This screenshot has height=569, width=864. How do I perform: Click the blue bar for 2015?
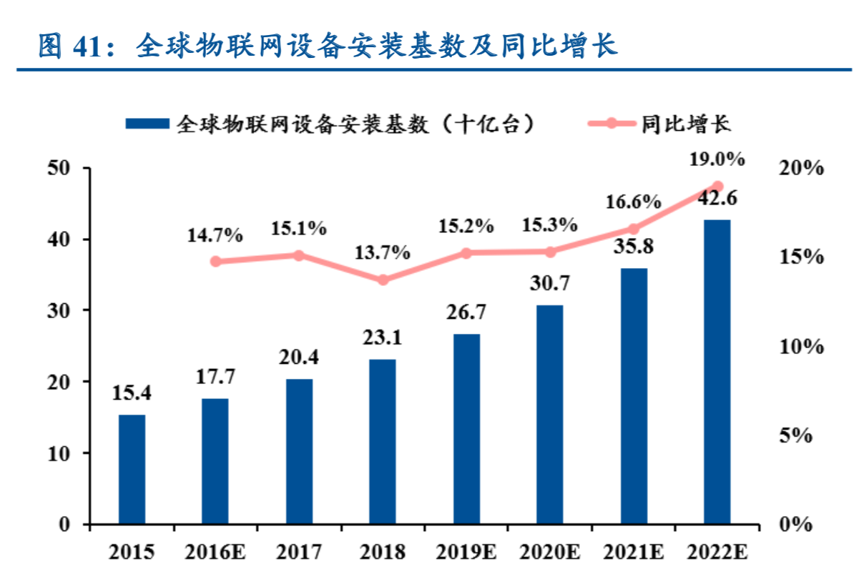click(x=132, y=469)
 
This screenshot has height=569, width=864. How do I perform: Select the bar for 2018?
click(x=383, y=441)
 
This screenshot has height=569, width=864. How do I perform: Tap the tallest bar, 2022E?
click(x=717, y=372)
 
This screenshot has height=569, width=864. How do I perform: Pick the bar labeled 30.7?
click(x=549, y=415)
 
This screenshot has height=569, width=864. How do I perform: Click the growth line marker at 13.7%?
click(x=383, y=279)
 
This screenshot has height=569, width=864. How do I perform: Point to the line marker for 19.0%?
click(x=717, y=186)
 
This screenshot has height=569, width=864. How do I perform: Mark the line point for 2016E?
click(x=215, y=261)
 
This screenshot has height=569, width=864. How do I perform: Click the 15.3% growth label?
click(x=549, y=225)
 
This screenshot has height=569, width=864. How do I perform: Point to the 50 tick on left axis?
click(x=59, y=168)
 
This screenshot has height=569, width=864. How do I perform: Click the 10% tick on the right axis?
click(x=800, y=347)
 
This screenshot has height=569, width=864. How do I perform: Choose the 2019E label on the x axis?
click(x=466, y=552)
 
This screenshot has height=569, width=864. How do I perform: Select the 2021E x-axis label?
click(x=633, y=552)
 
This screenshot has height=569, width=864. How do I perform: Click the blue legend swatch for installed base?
click(x=147, y=124)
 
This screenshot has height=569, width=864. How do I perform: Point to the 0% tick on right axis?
click(x=795, y=525)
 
